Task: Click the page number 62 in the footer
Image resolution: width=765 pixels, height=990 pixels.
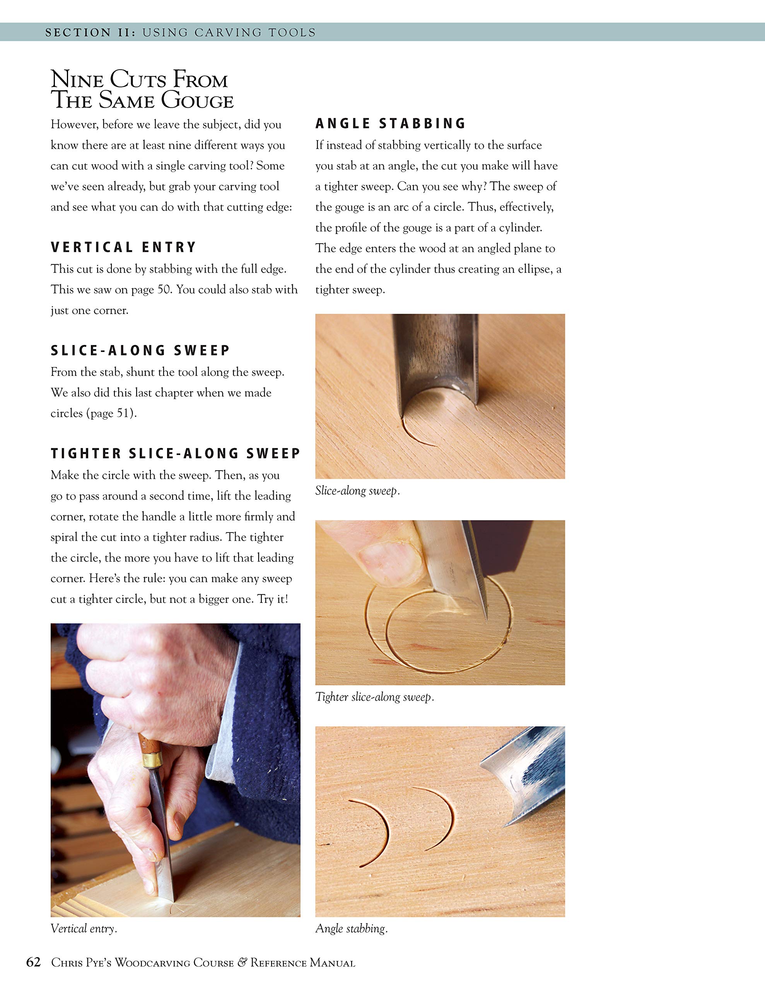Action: coord(34,962)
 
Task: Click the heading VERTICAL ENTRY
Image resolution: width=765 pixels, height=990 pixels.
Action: coord(123,247)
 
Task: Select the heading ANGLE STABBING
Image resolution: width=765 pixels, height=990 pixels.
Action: coord(391,124)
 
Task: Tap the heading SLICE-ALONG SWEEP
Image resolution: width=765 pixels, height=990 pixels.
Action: coord(140,350)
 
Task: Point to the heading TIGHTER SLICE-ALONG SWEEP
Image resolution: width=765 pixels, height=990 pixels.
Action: coord(175,454)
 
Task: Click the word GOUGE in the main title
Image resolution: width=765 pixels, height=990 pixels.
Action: coord(197,101)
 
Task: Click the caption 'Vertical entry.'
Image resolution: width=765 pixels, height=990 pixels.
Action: coord(84,929)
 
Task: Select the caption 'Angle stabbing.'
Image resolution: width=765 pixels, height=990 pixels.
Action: coord(351,929)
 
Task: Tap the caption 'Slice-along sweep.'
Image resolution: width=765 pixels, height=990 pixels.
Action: coord(357,491)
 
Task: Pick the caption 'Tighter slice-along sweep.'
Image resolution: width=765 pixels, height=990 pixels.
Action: coord(374,697)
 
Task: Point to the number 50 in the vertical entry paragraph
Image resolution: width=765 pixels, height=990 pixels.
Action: coord(164,290)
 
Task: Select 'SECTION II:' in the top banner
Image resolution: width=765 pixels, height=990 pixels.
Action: coord(90,32)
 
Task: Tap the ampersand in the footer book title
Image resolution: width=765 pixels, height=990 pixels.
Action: coord(242,962)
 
